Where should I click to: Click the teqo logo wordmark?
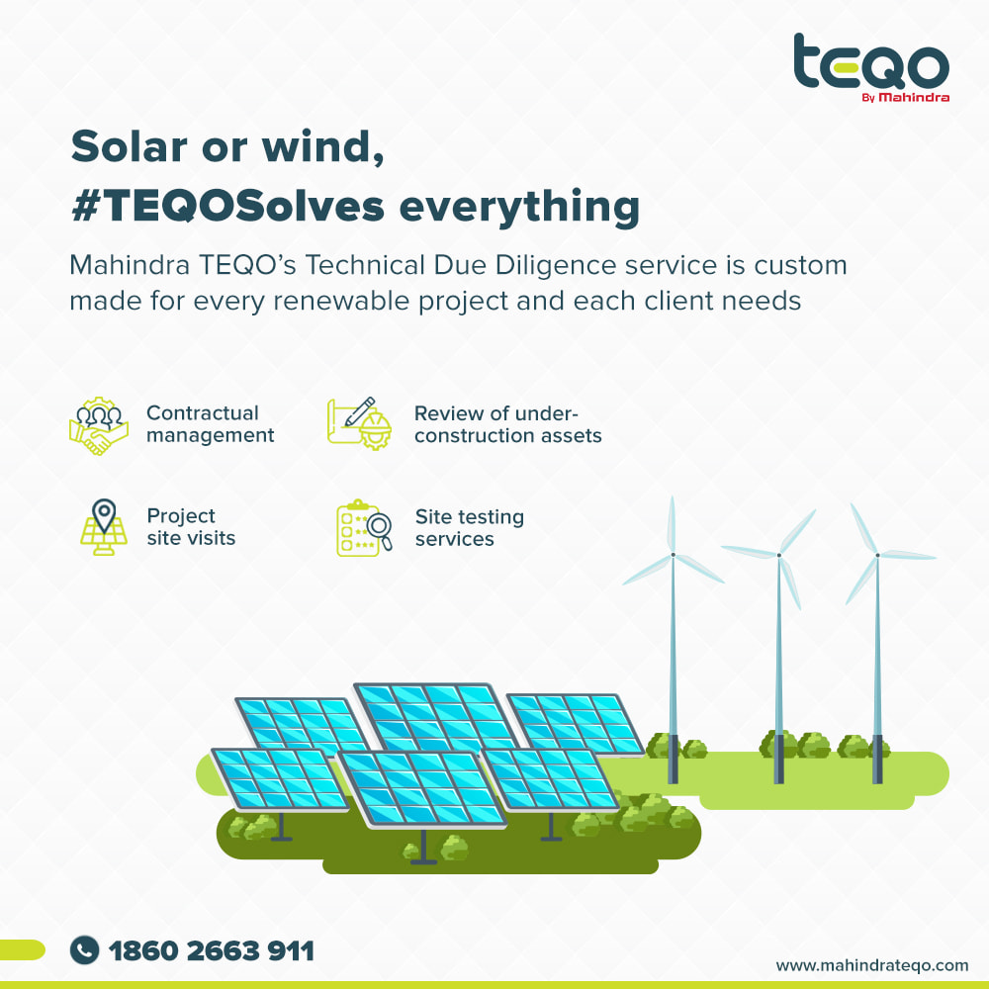[871, 61]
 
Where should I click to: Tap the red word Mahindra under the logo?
[914, 97]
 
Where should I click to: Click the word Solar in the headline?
[129, 147]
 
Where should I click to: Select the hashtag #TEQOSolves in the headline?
[227, 206]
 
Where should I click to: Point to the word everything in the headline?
[520, 208]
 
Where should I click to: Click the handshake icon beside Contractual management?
[99, 425]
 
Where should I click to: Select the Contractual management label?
[210, 424]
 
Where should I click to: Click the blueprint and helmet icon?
[360, 423]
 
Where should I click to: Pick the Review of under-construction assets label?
[507, 424]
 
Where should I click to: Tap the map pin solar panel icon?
[104, 527]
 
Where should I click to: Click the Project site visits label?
[191, 527]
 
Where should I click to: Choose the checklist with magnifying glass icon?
[364, 528]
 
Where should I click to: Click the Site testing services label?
[469, 527]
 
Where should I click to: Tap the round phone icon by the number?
[84, 949]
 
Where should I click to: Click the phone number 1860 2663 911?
[212, 950]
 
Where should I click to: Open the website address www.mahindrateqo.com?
[872, 965]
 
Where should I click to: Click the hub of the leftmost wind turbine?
[673, 555]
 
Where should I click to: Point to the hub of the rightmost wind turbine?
[877, 556]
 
